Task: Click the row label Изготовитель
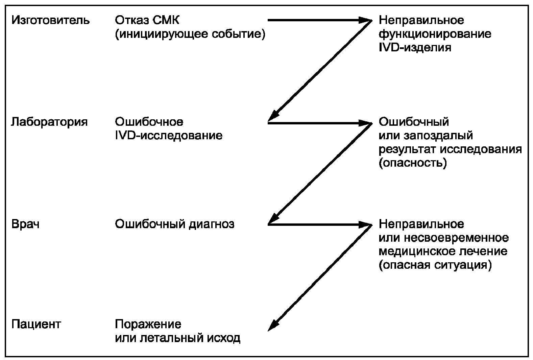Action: (x=51, y=20)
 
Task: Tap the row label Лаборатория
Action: (x=49, y=122)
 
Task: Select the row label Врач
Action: (x=25, y=224)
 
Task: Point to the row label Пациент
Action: (x=36, y=324)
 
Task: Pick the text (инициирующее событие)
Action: (x=190, y=34)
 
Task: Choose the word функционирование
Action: (x=435, y=34)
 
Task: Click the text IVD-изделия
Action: (x=415, y=48)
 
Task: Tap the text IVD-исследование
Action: (x=169, y=136)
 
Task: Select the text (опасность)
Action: (x=413, y=163)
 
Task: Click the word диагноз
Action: (x=211, y=224)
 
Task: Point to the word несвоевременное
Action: (x=456, y=238)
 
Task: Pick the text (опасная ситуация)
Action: (x=435, y=265)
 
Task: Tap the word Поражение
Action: (x=148, y=324)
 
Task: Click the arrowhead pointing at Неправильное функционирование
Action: (x=366, y=20)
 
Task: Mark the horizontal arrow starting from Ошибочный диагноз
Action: (x=318, y=224)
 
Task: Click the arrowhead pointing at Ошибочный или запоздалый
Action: (x=366, y=123)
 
